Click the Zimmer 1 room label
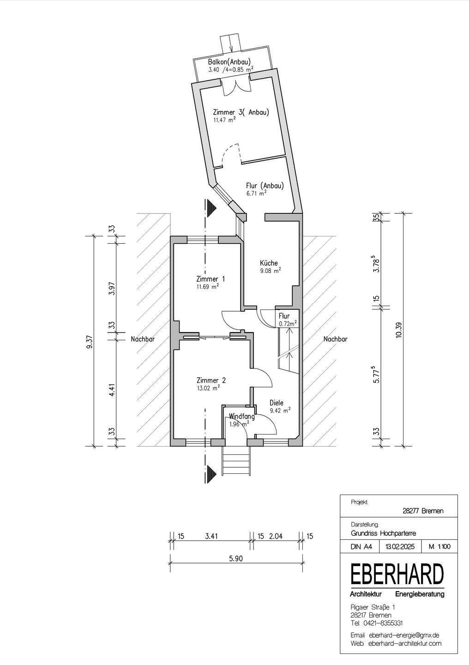tap(210, 279)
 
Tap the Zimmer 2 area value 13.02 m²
tap(208, 388)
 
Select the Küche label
tap(268, 263)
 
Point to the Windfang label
tap(241, 416)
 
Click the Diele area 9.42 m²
tap(280, 410)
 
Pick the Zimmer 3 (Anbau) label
tap(241, 112)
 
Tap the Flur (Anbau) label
tap(264, 185)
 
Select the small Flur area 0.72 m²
tap(287, 324)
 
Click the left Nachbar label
tap(142, 339)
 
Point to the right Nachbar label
tap(335, 339)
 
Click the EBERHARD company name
tap(397, 574)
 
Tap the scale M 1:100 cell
tap(439, 547)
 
